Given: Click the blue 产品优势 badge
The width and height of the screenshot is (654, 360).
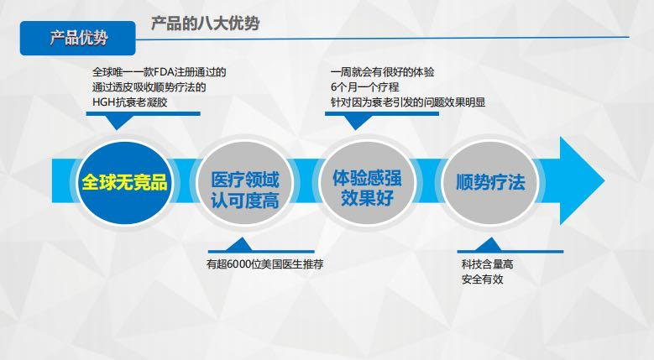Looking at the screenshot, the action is tap(78, 38).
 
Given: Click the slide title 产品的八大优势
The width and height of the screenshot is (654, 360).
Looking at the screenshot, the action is tap(205, 23).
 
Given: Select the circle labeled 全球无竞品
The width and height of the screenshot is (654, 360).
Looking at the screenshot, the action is tap(123, 181).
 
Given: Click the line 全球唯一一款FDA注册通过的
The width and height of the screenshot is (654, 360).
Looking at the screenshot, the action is tap(159, 72).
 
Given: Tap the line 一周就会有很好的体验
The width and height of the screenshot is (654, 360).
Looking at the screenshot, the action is tap(382, 72).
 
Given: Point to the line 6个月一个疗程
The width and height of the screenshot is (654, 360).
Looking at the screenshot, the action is tap(365, 87).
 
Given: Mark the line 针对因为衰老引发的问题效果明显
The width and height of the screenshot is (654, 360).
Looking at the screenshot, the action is tap(408, 102).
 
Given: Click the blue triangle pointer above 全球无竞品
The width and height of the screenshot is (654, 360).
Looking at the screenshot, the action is tap(120, 122).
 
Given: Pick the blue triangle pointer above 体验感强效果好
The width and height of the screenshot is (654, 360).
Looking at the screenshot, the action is tap(358, 122).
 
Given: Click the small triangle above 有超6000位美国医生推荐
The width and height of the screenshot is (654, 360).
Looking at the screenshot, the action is tap(243, 246).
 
